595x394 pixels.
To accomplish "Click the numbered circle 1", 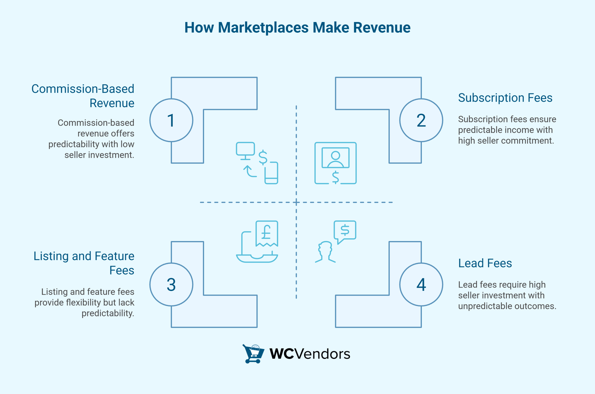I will pos(171,120).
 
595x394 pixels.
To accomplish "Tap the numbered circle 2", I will pos(421,120).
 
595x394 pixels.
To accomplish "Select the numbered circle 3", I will pos(171,285).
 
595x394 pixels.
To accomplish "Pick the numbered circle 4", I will pos(421,285).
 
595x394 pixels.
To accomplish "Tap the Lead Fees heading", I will pos(485,263).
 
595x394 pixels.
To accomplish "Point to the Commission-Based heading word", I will pos(83,89).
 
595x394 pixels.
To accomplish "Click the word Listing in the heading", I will pos(51,256).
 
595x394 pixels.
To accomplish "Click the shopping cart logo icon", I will pos(253,354).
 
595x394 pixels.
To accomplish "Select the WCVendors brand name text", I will pos(310,354).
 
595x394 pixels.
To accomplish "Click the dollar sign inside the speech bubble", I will pos(345,230).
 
